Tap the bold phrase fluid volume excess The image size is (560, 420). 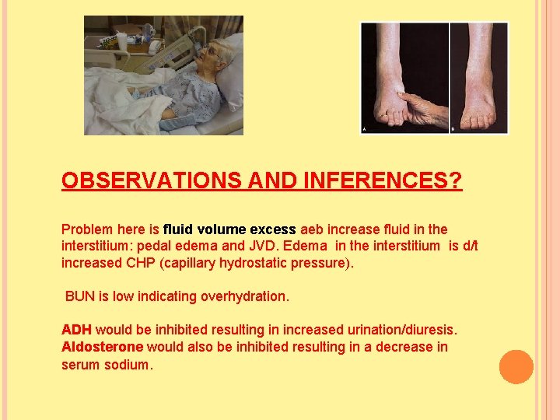point(229,229)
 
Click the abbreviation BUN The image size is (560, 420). point(80,296)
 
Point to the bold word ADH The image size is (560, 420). point(76,330)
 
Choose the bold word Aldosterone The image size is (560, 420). point(102,347)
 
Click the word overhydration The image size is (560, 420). point(248,296)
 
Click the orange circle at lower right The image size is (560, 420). point(516,367)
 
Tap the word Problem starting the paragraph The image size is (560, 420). point(87,229)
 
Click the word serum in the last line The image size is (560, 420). point(81,364)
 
